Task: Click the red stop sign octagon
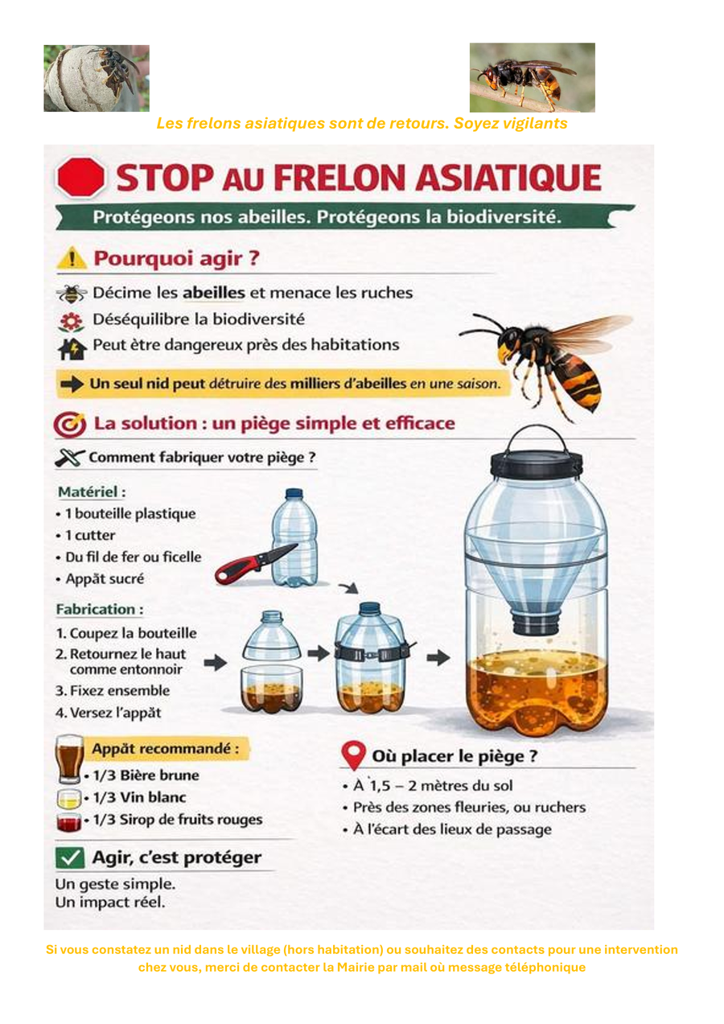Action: pyautogui.click(x=80, y=178)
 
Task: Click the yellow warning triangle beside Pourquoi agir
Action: pyautogui.click(x=72, y=258)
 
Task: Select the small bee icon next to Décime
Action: pyautogui.click(x=72, y=294)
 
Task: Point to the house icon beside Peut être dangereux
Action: pyautogui.click(x=72, y=348)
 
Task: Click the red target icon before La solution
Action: pyautogui.click(x=69, y=425)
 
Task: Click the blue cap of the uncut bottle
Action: pyautogui.click(x=294, y=493)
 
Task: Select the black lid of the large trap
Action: pyautogui.click(x=536, y=464)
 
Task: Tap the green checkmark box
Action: pyautogui.click(x=70, y=857)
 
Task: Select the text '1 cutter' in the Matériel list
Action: pyautogui.click(x=90, y=535)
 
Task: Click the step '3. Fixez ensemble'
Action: pyautogui.click(x=113, y=690)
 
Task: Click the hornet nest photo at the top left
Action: pyautogui.click(x=97, y=78)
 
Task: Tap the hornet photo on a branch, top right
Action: pyautogui.click(x=533, y=78)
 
